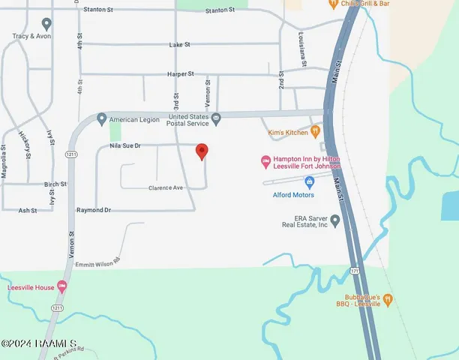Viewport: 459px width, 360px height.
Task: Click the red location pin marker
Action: [201, 151]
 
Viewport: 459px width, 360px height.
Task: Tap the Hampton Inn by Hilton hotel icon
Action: [265, 160]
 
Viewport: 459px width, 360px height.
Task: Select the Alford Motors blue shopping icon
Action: [308, 182]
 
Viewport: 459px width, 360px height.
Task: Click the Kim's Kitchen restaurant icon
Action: [316, 130]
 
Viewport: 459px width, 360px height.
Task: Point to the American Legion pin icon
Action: [102, 118]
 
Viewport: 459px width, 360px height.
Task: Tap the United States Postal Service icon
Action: [216, 118]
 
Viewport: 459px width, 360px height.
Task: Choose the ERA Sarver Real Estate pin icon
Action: [335, 220]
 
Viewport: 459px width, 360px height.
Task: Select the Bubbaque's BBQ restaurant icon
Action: [388, 299]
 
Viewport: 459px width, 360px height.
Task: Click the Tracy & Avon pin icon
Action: [46, 24]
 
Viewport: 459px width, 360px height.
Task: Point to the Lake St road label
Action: [180, 45]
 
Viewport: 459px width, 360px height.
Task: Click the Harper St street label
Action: [180, 74]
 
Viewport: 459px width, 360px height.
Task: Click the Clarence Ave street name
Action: [166, 187]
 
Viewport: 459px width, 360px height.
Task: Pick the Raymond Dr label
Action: [93, 211]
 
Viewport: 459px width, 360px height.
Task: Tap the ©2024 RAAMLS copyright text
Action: [39, 343]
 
